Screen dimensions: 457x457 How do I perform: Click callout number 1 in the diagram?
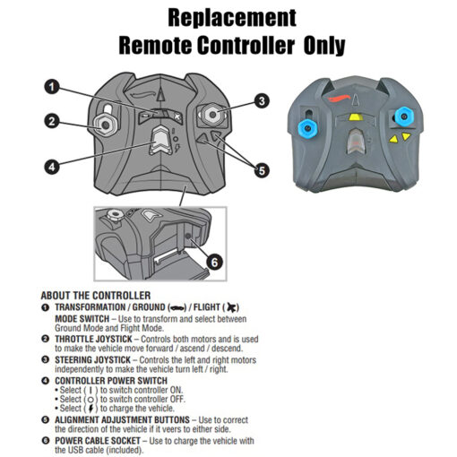click(52, 87)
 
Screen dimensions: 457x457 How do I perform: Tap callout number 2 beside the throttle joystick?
click(52, 122)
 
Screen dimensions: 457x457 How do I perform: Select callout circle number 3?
click(262, 101)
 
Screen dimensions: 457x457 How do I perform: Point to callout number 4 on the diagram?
click(52, 167)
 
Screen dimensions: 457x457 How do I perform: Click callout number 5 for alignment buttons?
click(262, 171)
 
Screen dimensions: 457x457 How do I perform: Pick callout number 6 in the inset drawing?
click(214, 263)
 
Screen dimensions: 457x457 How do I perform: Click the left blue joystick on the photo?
click(307, 128)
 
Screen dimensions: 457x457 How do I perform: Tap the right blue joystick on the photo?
click(404, 116)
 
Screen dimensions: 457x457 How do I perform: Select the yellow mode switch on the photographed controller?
click(356, 116)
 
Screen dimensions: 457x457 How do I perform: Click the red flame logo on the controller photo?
click(339, 99)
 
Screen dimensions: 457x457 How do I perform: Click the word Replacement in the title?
click(232, 18)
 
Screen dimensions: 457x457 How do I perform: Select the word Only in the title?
click(324, 46)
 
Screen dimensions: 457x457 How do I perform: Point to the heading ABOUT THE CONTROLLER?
click(96, 296)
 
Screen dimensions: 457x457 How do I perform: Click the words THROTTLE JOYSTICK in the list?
click(93, 339)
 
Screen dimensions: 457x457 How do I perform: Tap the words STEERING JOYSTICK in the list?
click(92, 360)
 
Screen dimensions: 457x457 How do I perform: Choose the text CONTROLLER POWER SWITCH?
click(111, 381)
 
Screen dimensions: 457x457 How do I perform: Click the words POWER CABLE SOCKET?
click(98, 441)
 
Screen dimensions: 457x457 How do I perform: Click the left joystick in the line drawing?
click(105, 125)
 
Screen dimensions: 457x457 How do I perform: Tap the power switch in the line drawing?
click(160, 140)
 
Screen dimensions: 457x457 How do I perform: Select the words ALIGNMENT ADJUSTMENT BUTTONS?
click(122, 419)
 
